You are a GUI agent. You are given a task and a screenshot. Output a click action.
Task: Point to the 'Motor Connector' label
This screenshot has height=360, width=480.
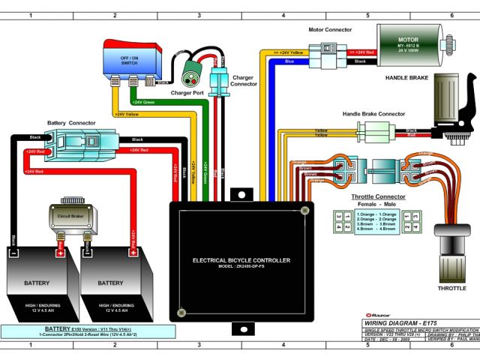(331, 30)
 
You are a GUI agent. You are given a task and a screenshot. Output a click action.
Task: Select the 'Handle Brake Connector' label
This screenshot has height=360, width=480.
(373, 113)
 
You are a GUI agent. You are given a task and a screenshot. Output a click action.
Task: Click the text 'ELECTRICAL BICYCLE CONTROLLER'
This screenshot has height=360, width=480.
(241, 260)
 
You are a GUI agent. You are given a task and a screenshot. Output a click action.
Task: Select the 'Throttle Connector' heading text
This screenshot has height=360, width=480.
(378, 197)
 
